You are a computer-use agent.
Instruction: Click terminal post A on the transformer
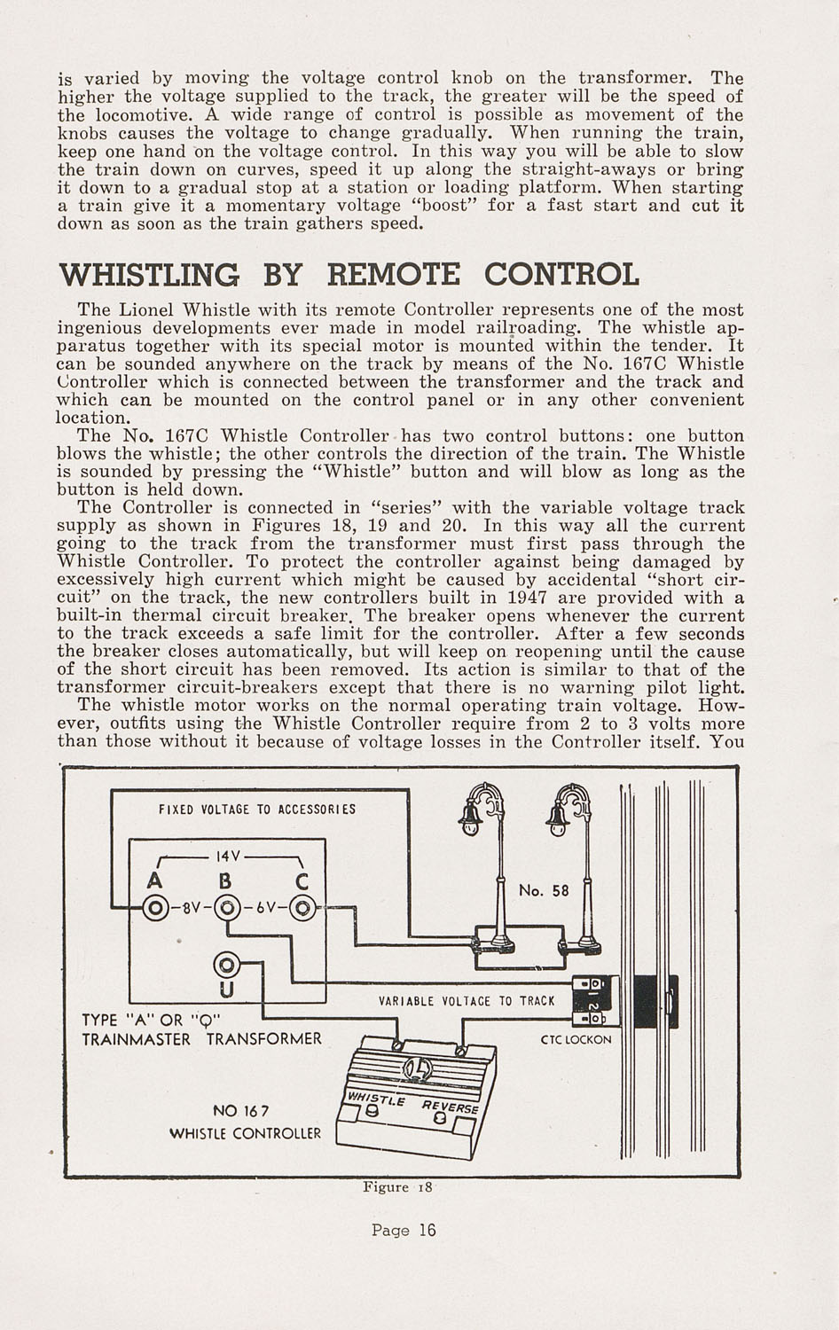(156, 908)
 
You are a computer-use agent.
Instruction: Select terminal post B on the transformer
(228, 908)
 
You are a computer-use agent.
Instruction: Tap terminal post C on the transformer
(302, 908)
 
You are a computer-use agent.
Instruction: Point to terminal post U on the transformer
(226, 964)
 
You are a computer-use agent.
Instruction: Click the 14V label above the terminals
(229, 857)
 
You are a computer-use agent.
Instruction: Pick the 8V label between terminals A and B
(192, 908)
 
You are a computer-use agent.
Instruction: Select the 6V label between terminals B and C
(265, 908)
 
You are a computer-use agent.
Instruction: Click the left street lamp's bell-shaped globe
(469, 815)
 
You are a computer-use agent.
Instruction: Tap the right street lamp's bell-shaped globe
(558, 815)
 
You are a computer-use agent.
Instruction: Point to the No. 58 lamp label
(544, 889)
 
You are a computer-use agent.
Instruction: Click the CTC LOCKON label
(576, 1038)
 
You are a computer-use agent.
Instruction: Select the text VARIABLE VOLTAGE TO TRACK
(466, 1001)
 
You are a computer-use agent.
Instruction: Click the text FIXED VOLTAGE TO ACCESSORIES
(257, 810)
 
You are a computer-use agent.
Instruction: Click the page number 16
(428, 1230)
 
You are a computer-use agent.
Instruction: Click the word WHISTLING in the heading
(149, 274)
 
